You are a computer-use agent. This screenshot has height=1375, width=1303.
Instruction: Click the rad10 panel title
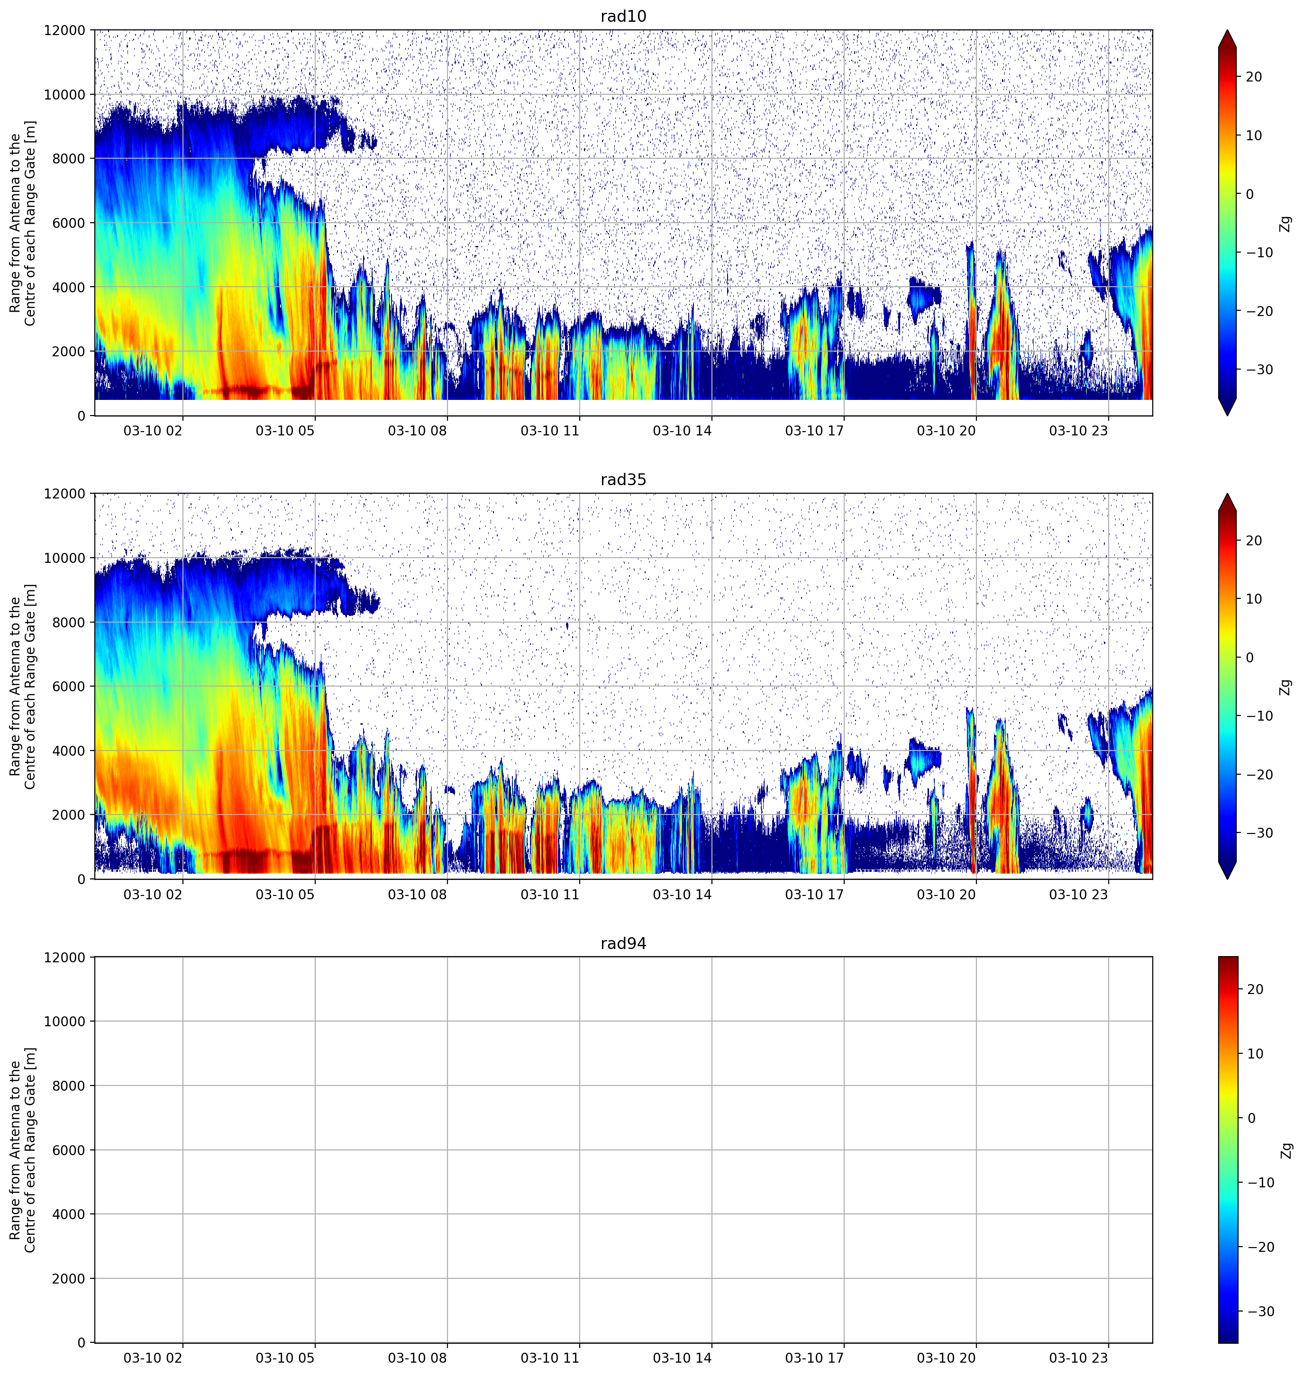pos(623,16)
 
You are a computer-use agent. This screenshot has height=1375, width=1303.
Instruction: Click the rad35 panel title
pos(623,480)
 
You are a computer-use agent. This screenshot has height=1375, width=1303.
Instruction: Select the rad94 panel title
pos(623,944)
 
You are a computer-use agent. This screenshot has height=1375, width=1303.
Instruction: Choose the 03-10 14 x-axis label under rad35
pos(682,895)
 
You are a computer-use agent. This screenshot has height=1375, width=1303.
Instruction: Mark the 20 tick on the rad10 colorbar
pos(1254,77)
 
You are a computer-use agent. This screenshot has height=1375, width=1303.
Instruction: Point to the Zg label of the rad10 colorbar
pos(1285,224)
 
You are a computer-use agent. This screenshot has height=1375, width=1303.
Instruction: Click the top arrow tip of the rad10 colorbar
pos(1227,30)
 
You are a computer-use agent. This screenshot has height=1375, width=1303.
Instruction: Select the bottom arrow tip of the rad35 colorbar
pos(1227,878)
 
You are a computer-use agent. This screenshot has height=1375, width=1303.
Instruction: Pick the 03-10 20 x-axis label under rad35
pos(946,895)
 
